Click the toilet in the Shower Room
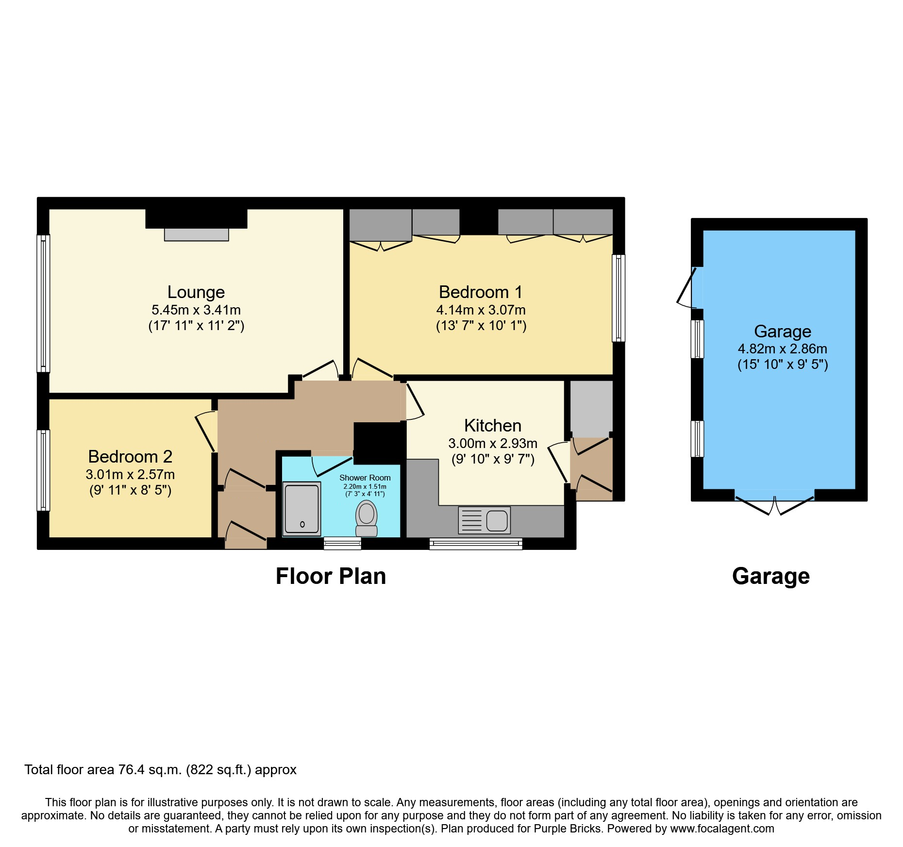367,518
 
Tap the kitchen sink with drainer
484,520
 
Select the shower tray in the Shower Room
301,509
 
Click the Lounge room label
196,292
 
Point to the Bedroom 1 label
481,292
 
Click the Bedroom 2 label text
130,457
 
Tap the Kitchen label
493,426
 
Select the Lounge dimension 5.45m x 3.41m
196,310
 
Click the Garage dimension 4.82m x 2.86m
783,349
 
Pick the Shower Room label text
365,478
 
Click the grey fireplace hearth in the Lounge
197,234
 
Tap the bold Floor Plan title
331,576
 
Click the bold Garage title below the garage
771,576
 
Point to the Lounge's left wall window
44,303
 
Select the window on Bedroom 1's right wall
619,298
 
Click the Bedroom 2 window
44,470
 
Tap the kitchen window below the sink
476,544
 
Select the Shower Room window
342,543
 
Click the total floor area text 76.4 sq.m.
160,770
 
